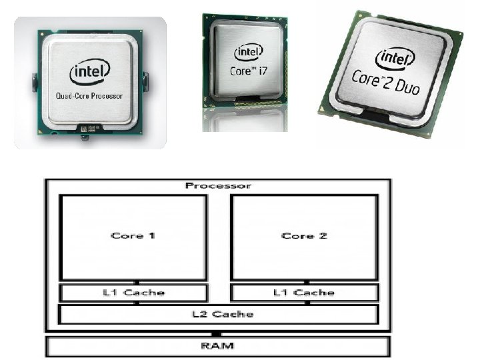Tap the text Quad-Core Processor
coord(89,95)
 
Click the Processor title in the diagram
coord(217,185)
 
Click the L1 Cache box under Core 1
coord(133,293)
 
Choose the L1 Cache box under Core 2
coord(304,293)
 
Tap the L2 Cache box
coord(218,314)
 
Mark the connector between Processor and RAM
coord(216,333)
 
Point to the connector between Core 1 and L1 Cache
coord(136,281)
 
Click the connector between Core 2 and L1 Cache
coord(306,281)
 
